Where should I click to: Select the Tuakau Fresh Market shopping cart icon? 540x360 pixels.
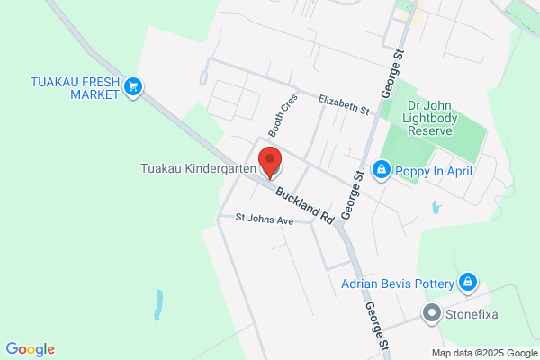point(134,86)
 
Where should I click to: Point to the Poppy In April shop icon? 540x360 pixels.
point(382,170)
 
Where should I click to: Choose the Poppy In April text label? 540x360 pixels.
point(434,171)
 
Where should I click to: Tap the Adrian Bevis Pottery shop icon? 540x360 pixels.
point(467,283)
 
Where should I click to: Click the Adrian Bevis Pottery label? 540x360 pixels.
point(398,283)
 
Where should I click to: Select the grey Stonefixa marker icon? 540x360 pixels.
point(432,314)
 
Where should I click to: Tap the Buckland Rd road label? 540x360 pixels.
point(305,206)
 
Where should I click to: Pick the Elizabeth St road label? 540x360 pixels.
point(345,106)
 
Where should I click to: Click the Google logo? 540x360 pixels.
point(30,349)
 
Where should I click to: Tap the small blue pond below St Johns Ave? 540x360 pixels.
point(159,305)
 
